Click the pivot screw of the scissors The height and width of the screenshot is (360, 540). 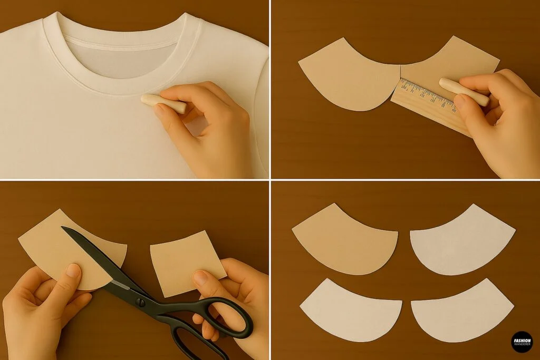point(141,303)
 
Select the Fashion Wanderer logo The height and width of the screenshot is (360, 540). point(522,342)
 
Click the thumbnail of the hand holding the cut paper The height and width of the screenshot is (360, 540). point(73,271)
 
